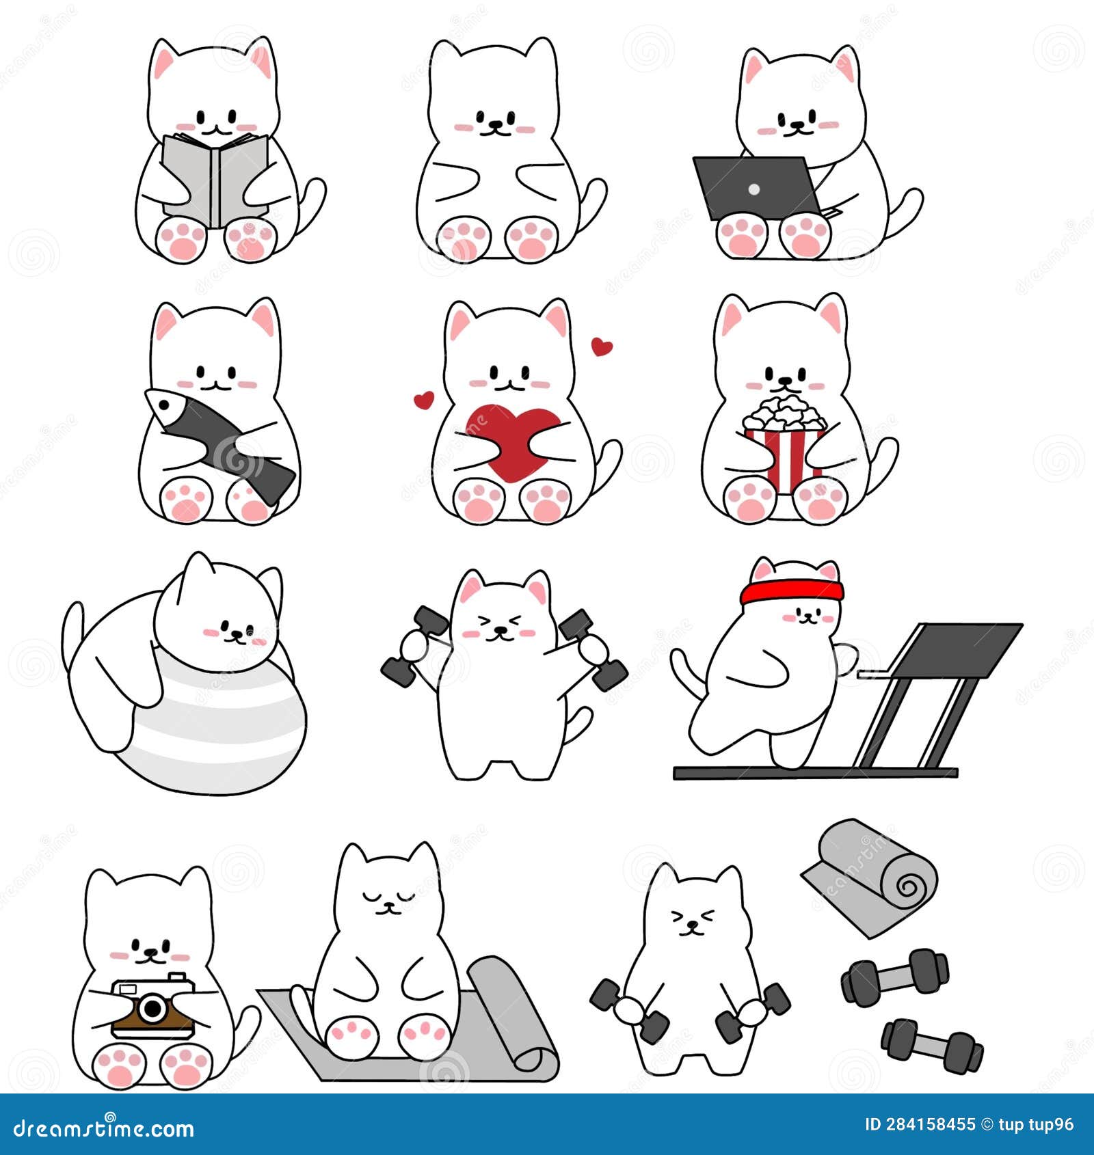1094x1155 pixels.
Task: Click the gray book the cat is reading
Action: click(214, 179)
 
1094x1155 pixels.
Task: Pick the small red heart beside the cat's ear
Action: click(602, 346)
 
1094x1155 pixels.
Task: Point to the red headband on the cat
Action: click(792, 590)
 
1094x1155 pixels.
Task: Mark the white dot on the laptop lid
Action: click(753, 189)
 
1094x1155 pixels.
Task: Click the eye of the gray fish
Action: click(164, 405)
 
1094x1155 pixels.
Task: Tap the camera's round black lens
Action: click(154, 1008)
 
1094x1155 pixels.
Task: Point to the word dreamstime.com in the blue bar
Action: click(103, 1128)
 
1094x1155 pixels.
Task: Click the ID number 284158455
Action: click(929, 1125)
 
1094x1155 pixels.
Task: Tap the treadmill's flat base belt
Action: click(815, 773)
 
